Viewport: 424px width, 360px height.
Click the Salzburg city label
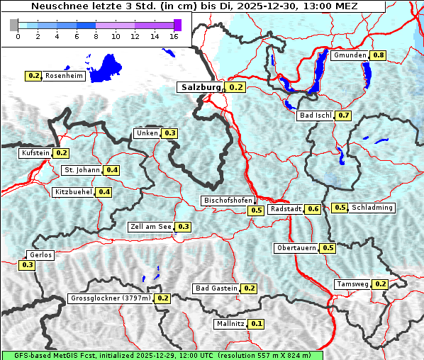click(x=201, y=87)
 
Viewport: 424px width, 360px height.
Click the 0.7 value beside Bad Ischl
click(x=344, y=116)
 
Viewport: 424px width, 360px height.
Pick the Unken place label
click(x=147, y=133)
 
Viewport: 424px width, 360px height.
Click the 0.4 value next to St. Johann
click(x=112, y=170)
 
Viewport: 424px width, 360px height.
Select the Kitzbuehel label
click(x=73, y=192)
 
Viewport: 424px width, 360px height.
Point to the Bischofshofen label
click(x=228, y=201)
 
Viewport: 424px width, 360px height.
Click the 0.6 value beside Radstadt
click(x=313, y=209)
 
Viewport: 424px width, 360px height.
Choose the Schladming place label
click(x=372, y=208)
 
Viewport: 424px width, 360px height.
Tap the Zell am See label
click(x=151, y=227)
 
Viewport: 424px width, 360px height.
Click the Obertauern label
click(x=296, y=248)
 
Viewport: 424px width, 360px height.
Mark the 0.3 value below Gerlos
click(x=28, y=265)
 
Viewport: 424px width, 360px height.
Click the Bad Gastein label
click(x=216, y=288)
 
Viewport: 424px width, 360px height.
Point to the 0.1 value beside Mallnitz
click(x=257, y=324)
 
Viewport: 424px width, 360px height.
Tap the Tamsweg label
click(x=352, y=284)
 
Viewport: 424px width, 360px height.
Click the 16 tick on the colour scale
click(x=173, y=36)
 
